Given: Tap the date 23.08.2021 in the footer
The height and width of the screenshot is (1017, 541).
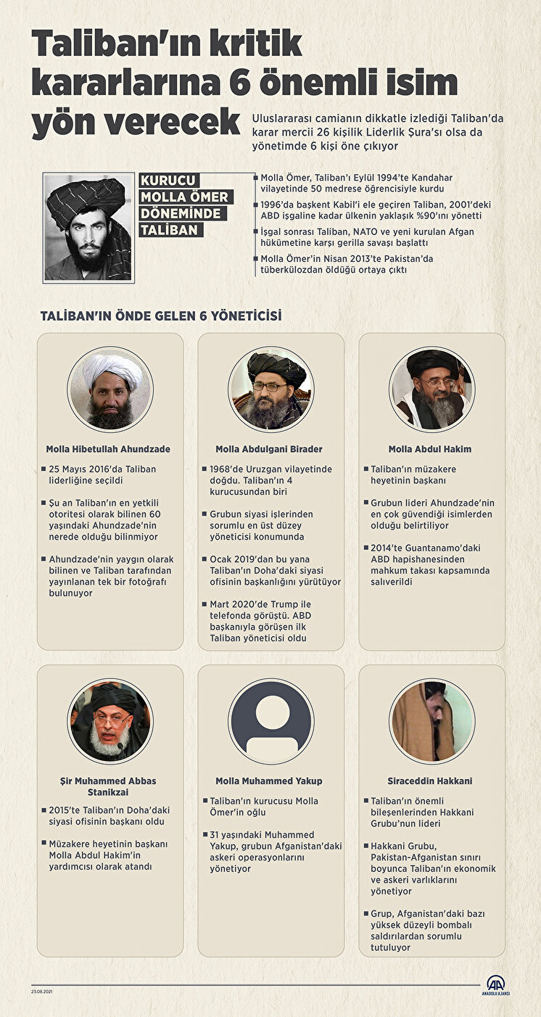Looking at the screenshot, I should click(42, 992).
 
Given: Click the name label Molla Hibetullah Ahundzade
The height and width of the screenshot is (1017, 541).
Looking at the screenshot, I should click(108, 449).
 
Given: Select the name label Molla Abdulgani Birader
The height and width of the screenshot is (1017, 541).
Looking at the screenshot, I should click(269, 449).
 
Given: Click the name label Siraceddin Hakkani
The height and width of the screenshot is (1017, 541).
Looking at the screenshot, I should click(430, 781).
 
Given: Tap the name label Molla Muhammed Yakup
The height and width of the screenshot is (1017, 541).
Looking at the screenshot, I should click(269, 781).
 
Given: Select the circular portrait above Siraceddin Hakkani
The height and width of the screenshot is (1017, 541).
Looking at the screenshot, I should click(431, 721).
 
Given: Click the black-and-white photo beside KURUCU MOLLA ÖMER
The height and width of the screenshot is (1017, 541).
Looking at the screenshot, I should click(88, 227).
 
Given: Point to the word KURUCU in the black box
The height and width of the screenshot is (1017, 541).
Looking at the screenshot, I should click(169, 181).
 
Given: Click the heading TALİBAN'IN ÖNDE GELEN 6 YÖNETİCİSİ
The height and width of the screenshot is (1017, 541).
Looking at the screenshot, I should click(161, 316).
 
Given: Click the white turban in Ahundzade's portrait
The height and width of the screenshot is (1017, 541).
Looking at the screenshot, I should click(112, 371).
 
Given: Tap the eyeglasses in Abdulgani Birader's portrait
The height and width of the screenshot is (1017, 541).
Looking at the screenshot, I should click(269, 387).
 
